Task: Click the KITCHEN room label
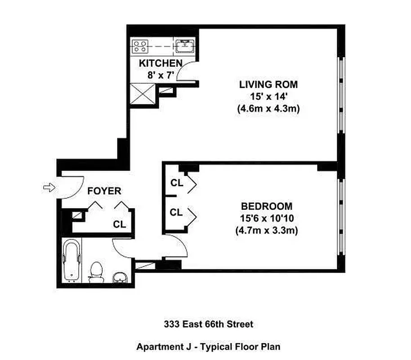[x=160, y=63]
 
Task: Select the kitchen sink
[x=184, y=45]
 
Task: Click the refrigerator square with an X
[x=142, y=94]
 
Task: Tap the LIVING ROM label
[x=268, y=84]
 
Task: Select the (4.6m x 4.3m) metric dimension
[x=268, y=108]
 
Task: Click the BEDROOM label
[x=267, y=207]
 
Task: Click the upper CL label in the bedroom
[x=176, y=183]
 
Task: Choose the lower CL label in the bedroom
[x=176, y=212]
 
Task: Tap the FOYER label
[x=104, y=191]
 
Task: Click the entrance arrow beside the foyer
[x=48, y=187]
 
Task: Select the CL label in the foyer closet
[x=120, y=224]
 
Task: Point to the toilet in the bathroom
[x=96, y=272]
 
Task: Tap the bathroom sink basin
[x=119, y=276]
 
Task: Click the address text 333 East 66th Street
[x=208, y=324]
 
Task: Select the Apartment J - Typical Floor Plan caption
[x=208, y=347]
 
